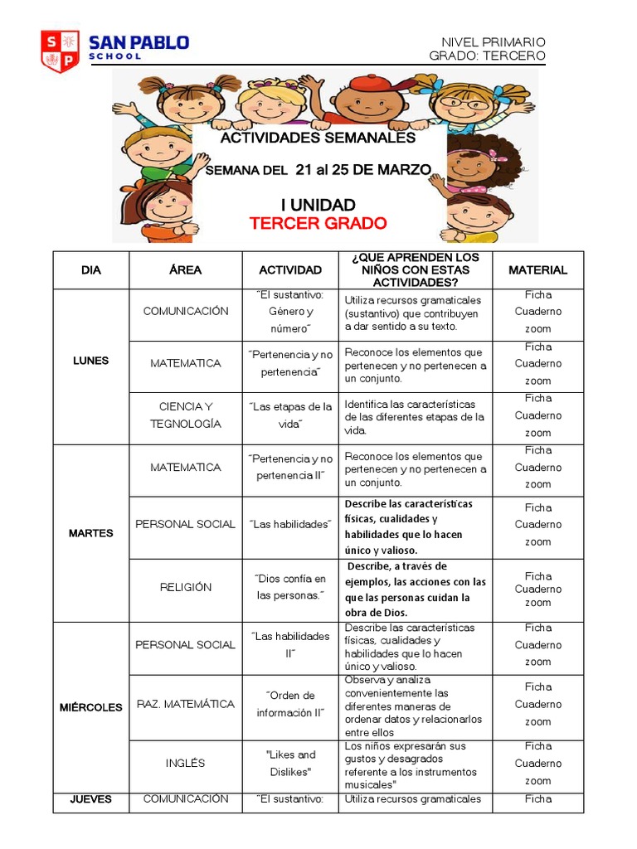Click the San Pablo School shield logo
pos(61,51)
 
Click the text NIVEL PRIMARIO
pos(493,42)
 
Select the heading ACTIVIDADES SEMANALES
pos(318,138)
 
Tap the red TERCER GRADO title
pos(318,223)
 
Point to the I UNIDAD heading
pos(318,205)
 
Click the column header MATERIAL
pos(537,270)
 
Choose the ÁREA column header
pos(185,270)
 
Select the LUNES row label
pos(90,361)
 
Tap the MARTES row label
pos(90,533)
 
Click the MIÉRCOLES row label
pos(90,707)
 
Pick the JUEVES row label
pos(90,799)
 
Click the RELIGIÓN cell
pos(185,587)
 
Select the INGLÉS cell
pos(185,763)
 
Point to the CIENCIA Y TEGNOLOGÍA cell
pos(185,415)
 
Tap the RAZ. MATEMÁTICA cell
pos(185,704)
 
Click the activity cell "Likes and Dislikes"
pos(290,763)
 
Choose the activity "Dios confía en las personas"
pos(290,587)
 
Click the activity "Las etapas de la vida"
pos(290,415)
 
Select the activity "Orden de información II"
pos(290,704)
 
